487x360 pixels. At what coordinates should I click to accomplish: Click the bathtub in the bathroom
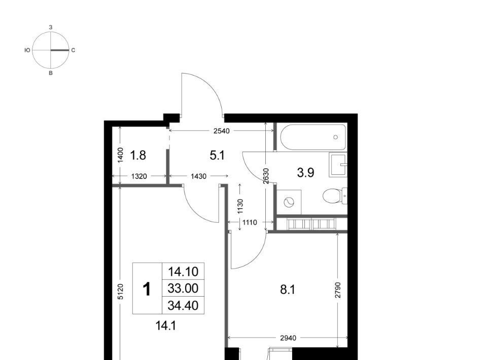[x=313, y=137]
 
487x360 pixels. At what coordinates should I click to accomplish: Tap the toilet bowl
[x=334, y=196]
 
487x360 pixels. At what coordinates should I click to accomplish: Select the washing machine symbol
[x=289, y=202]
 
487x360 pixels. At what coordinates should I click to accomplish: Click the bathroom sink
[x=338, y=165]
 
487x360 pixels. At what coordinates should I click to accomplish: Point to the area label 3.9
[x=305, y=172]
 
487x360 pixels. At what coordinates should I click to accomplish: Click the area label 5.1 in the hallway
[x=217, y=155]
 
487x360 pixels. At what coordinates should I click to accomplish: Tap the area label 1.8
[x=138, y=155]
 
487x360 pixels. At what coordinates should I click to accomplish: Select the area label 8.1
[x=288, y=290]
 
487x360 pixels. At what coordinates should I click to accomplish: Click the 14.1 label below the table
[x=166, y=326]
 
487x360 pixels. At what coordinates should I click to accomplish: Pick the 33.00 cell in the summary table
[x=183, y=289]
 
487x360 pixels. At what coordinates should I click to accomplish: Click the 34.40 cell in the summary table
[x=183, y=306]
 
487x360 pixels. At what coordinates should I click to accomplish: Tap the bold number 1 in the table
[x=147, y=289]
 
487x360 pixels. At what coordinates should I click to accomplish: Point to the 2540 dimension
[x=222, y=131]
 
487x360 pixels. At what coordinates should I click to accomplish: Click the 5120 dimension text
[x=121, y=292]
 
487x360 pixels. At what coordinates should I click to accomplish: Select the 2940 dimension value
[x=288, y=338]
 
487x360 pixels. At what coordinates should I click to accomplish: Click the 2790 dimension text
[x=338, y=290]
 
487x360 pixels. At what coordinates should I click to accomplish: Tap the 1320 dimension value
[x=139, y=176]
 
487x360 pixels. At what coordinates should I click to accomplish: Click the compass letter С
[x=73, y=50]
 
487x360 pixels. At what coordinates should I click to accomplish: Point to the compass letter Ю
[x=27, y=50]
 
